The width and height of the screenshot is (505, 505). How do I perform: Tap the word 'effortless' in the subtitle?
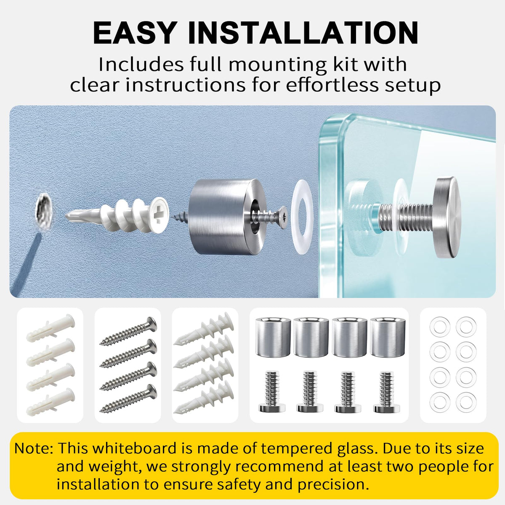click(332, 85)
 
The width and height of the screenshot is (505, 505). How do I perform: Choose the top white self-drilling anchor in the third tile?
click(204, 328)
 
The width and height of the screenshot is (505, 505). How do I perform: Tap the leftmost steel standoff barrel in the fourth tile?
click(273, 337)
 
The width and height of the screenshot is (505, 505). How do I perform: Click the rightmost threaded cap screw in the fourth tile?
click(386, 391)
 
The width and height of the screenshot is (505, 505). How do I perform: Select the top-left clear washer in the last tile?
click(440, 327)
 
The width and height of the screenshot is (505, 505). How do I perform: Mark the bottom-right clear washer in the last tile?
click(466, 402)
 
